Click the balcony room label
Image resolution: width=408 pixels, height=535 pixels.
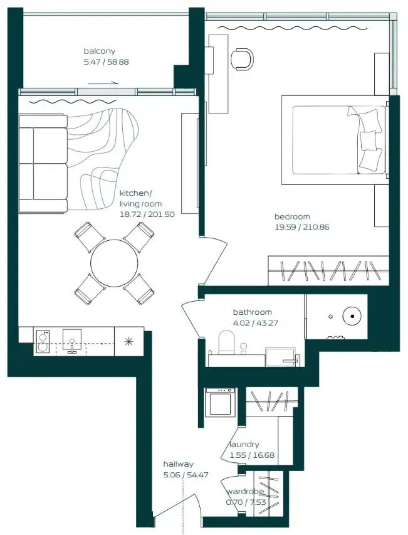click(100, 51)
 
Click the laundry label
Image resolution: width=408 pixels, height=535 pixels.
click(244, 445)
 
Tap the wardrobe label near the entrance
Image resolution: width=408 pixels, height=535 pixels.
click(244, 492)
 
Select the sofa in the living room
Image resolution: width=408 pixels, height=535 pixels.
click(43, 163)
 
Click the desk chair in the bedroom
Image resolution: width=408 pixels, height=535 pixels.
click(242, 59)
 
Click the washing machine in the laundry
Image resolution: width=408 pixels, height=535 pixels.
click(221, 402)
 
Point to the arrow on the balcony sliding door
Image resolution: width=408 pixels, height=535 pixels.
click(108, 82)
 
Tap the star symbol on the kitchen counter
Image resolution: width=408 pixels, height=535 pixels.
click(128, 341)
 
